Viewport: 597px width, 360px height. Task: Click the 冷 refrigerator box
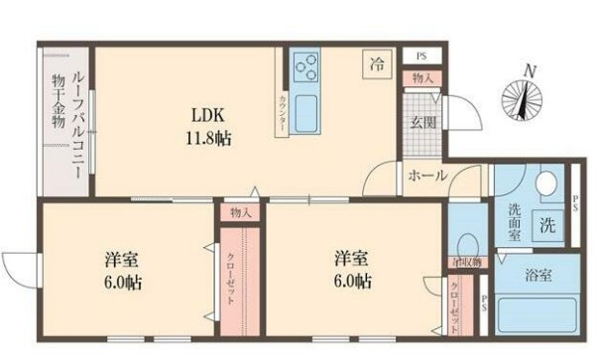pos(378,63)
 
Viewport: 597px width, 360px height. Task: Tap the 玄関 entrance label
pos(419,124)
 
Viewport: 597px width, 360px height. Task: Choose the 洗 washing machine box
pos(547,225)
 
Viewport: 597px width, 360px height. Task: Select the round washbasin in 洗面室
pos(546,185)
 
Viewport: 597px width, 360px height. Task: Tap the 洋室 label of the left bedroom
pos(123,260)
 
